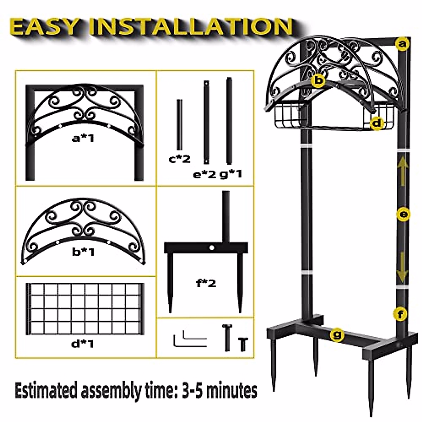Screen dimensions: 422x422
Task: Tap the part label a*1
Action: point(83,139)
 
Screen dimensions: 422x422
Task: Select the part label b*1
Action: point(83,252)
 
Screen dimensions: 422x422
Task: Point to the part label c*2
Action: point(180,159)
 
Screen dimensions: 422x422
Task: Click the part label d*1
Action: point(83,344)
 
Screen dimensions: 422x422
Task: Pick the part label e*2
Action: point(205,175)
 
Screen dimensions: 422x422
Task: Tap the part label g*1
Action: point(231,174)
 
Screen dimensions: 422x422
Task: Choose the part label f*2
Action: point(206,283)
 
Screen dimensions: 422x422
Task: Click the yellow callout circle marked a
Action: point(402,44)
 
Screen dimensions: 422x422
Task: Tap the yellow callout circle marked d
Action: point(377,124)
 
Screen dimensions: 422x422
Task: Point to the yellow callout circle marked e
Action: point(403,215)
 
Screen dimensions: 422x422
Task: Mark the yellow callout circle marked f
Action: point(400,314)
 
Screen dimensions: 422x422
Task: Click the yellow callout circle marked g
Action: point(337,335)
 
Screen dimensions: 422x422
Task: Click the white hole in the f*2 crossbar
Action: point(212,248)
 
